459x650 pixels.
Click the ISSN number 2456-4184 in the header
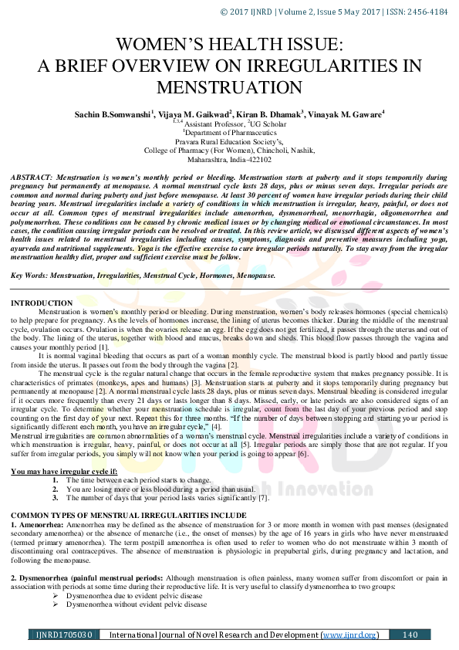tap(427, 11)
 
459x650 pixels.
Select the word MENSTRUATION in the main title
tap(229, 86)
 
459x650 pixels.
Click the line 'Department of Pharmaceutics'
tap(228, 132)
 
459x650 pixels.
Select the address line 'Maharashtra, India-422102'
tap(228, 160)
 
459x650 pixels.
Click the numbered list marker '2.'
tap(56, 489)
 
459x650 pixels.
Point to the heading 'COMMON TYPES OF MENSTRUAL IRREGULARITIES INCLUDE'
tap(129, 515)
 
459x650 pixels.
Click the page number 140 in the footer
tap(410, 635)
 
